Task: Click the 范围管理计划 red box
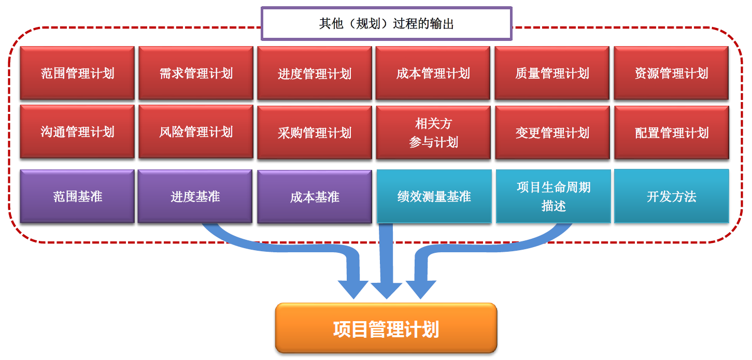77,73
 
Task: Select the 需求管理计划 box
196,73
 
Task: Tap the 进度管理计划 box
315,73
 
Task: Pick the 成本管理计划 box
433,73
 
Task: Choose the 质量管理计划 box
552,73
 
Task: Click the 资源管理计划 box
672,73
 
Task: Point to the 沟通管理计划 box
77,132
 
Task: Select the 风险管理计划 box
196,132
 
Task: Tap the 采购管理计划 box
315,133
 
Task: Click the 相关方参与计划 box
433,133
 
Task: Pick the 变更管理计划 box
552,133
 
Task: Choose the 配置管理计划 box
672,133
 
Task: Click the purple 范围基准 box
77,196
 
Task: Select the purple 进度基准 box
195,196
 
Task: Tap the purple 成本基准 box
315,197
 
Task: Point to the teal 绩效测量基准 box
434,196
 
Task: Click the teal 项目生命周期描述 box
554,196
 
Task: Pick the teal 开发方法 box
672,196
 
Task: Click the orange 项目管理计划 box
386,328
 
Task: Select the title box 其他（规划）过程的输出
387,23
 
